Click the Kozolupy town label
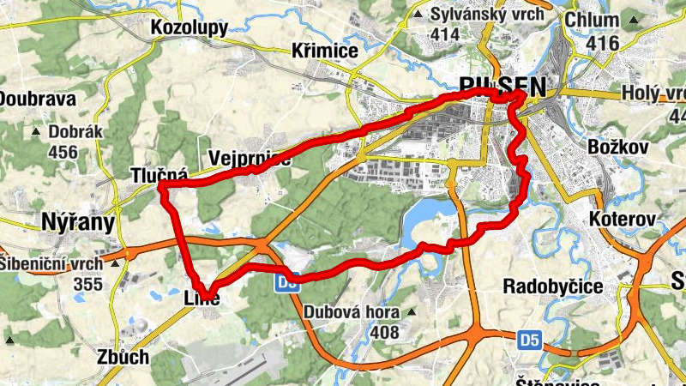(188, 28)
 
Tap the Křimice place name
(324, 51)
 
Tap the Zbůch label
(123, 357)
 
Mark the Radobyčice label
(551, 286)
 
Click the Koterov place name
(623, 220)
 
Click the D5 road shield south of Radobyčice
(530, 341)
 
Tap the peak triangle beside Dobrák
(36, 133)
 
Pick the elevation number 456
(63, 153)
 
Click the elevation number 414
(446, 34)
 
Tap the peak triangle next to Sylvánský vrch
(418, 15)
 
